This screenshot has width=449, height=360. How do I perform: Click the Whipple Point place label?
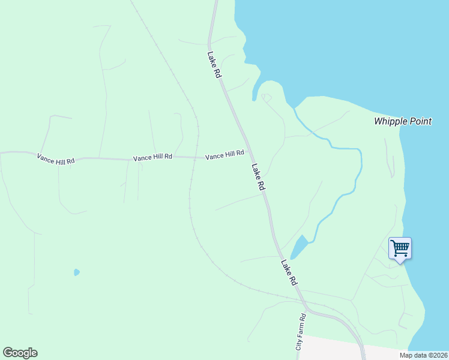402,121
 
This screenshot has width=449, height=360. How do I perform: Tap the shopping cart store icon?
400,247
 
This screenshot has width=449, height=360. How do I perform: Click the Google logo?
20,353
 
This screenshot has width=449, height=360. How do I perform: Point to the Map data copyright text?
423,355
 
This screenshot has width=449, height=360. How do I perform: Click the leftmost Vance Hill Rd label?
56,159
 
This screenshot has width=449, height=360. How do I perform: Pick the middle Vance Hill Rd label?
152,157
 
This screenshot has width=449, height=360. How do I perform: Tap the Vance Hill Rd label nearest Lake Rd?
224,155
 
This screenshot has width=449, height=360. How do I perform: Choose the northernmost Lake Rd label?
214,65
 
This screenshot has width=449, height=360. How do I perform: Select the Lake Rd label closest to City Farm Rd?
289,272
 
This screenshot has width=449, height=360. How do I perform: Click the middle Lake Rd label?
258,178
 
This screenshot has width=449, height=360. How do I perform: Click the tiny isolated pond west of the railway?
76,272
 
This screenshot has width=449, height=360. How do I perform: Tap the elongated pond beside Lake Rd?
298,247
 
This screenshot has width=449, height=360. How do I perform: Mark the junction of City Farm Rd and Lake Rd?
305,312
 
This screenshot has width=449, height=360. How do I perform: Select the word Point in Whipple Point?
420,121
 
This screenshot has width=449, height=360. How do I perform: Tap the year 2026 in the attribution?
439,355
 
